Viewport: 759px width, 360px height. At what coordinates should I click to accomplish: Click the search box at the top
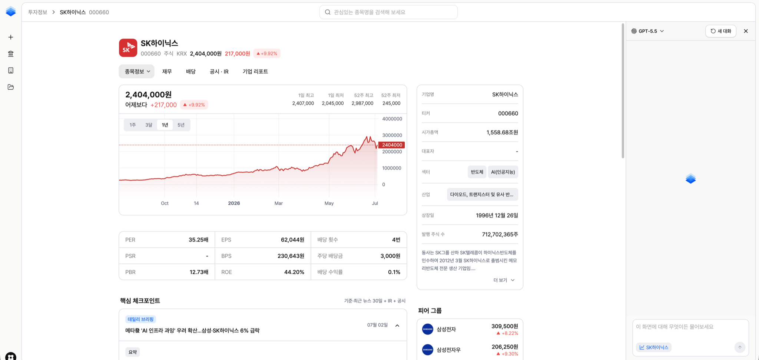[388, 12]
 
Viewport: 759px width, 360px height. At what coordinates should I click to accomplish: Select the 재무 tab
[167, 72]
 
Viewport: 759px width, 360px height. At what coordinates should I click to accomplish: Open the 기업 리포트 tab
[255, 72]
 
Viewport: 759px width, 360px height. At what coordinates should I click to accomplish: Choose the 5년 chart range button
[181, 125]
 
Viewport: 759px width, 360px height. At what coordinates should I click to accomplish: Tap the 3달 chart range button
[149, 125]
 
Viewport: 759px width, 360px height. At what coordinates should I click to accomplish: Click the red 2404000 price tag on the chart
[392, 145]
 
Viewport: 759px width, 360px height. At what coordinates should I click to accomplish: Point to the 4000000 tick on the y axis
[392, 119]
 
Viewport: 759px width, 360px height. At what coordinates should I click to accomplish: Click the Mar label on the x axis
[278, 203]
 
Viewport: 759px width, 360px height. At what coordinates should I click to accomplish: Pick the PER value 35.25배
[198, 240]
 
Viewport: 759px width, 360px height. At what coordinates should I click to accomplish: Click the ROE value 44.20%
[294, 272]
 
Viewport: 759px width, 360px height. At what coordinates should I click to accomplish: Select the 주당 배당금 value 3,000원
[390, 256]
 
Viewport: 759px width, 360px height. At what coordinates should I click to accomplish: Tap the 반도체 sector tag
[477, 172]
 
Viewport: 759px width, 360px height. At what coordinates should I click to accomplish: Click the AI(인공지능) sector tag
[503, 172]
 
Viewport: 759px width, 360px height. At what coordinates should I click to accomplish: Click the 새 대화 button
[720, 31]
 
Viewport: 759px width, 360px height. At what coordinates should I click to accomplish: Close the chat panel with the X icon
[746, 31]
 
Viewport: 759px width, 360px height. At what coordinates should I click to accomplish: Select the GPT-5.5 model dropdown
[647, 31]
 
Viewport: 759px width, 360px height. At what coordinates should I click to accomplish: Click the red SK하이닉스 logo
[128, 48]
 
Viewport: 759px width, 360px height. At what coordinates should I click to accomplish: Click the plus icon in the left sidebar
[11, 37]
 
